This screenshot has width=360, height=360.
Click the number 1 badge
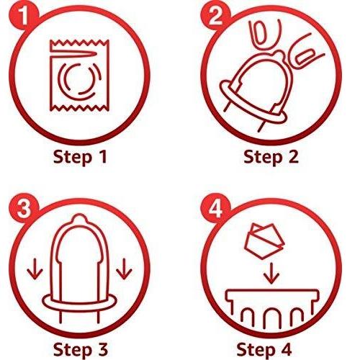click(x=23, y=16)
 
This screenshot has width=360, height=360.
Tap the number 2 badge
click(x=215, y=16)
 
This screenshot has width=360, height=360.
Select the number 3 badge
click(x=23, y=208)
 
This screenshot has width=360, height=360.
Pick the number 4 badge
click(x=215, y=208)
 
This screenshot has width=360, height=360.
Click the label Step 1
click(x=80, y=157)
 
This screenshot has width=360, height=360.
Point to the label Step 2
click(x=271, y=157)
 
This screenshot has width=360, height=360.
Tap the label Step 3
click(x=81, y=349)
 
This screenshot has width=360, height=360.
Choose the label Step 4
click(x=264, y=349)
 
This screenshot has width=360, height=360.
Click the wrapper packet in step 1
click(x=79, y=76)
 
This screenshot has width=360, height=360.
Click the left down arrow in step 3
click(x=35, y=269)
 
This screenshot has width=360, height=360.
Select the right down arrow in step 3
click(x=124, y=269)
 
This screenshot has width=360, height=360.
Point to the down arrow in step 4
click(x=271, y=274)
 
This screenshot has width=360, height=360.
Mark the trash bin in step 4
click(x=272, y=308)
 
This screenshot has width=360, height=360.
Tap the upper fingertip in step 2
click(x=265, y=36)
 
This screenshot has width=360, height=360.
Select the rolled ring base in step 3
click(x=79, y=302)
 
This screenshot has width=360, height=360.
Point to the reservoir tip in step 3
click(x=79, y=219)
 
